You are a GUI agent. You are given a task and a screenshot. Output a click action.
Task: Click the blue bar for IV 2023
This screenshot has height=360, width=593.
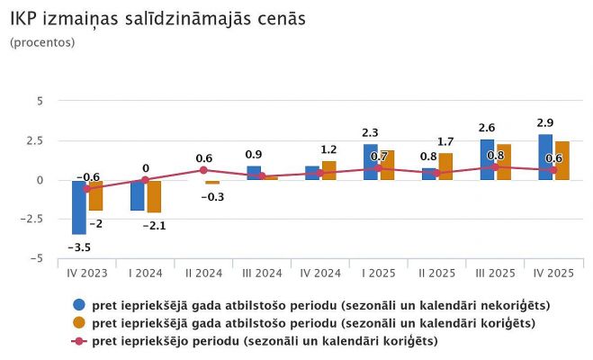pos(79,207)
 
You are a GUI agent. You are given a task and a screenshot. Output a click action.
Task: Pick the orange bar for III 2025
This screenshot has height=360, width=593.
pos(503,162)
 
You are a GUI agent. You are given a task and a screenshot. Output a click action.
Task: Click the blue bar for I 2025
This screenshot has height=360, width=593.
pos(371,162)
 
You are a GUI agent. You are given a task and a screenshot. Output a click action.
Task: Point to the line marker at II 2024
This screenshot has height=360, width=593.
pos(203,170)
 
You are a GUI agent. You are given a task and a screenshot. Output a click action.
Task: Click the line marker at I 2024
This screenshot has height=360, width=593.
pos(145,180)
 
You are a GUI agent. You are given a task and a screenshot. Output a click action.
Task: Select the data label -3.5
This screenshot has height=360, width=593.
pos(80,247)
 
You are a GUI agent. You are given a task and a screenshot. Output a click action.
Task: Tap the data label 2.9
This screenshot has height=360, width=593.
pos(545,121)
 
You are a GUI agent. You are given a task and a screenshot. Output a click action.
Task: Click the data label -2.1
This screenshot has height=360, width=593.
pos(156,225)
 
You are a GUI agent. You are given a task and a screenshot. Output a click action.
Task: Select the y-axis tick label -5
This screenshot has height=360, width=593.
pos(35,258)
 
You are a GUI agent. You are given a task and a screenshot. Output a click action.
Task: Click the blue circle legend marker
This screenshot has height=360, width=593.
pos(78,305)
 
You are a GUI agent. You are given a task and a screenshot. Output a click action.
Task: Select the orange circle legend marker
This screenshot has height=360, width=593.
pos(78,322)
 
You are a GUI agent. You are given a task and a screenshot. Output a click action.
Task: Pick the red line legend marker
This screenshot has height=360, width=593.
pos(78,340)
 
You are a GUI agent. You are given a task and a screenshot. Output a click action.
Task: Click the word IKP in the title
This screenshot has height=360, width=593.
pos(25,18)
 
